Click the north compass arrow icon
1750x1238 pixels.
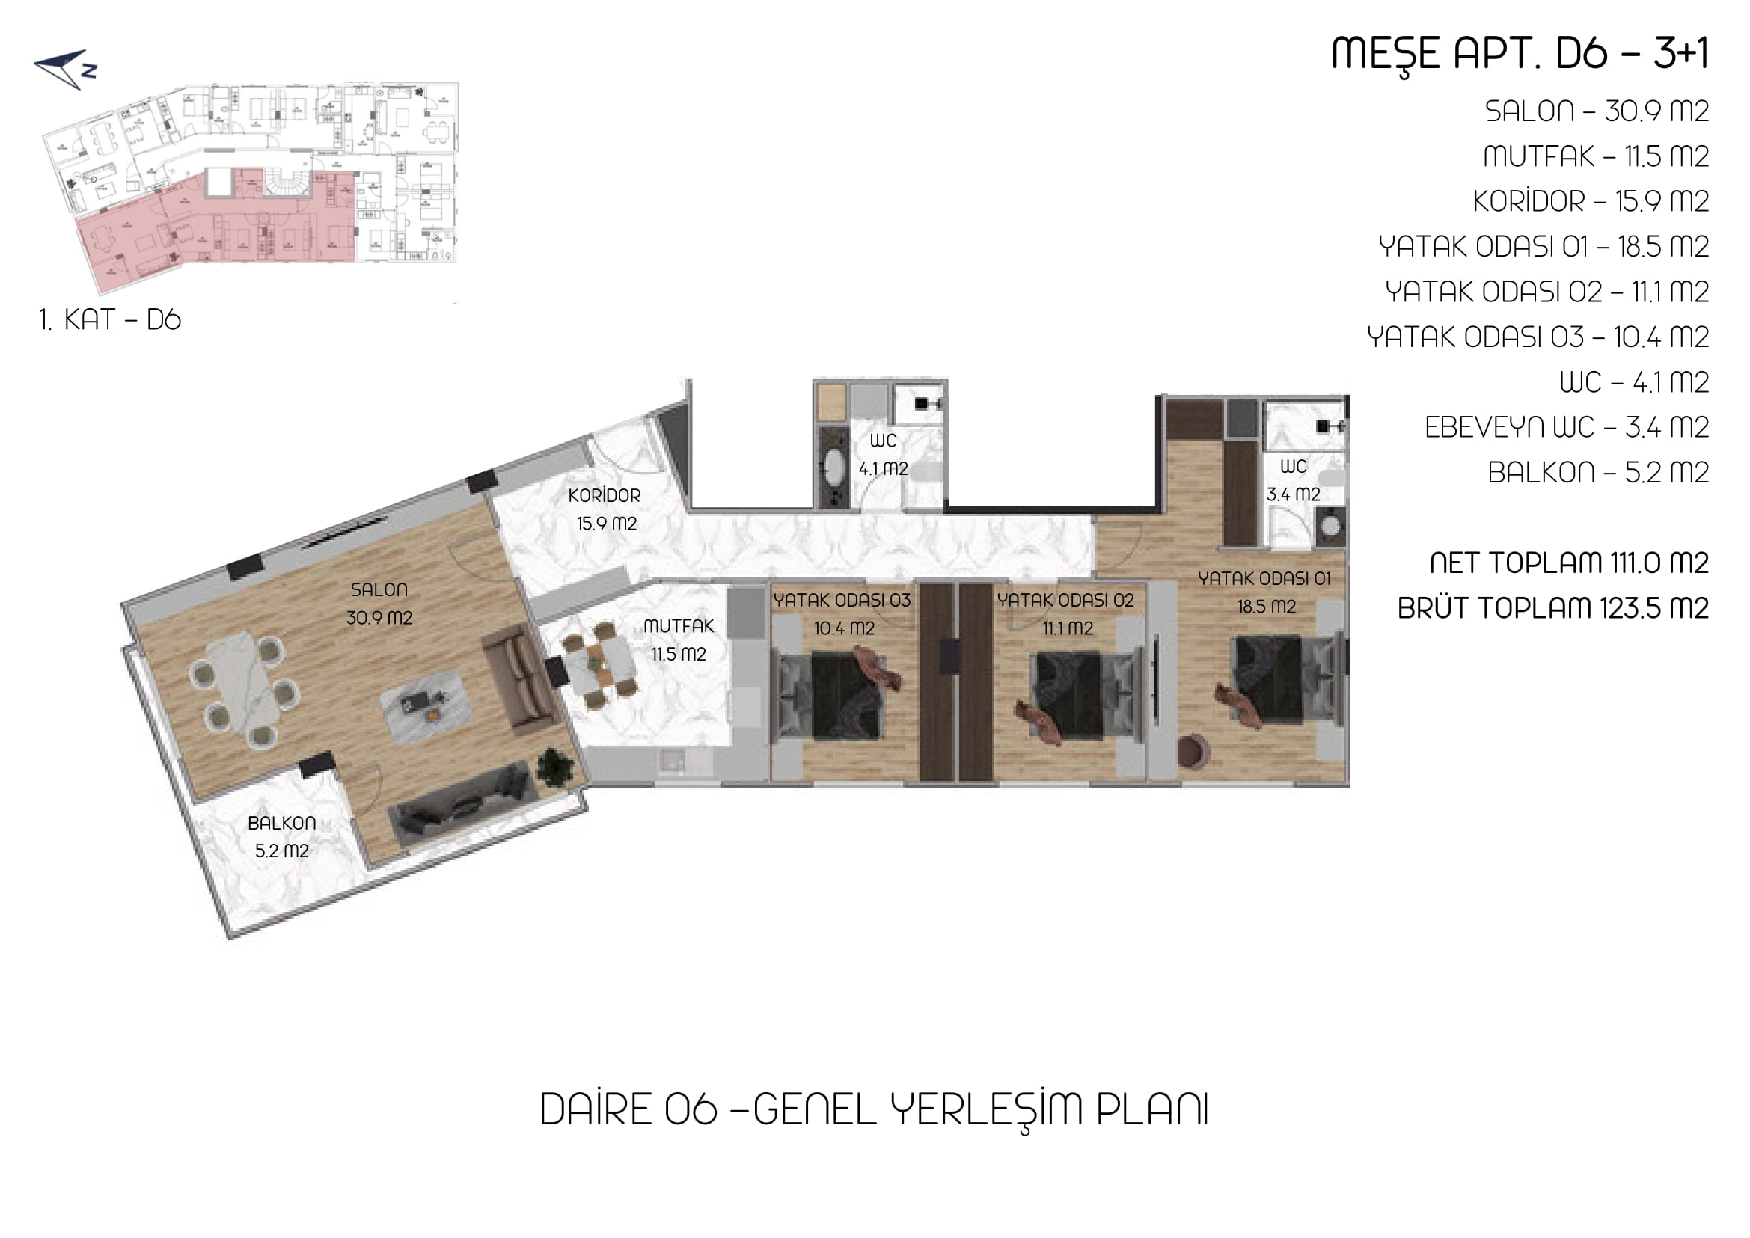pyautogui.click(x=67, y=69)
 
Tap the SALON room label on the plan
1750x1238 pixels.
pyautogui.click(x=379, y=589)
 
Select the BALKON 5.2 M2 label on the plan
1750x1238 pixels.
pyautogui.click(x=281, y=836)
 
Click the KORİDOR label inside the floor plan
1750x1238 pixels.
pyautogui.click(x=604, y=495)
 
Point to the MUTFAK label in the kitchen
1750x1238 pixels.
pyautogui.click(x=678, y=626)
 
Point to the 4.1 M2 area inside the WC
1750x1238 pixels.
pyautogui.click(x=883, y=469)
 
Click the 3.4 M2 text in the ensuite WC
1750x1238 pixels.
pyautogui.click(x=1294, y=494)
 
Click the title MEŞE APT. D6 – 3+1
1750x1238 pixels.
pyautogui.click(x=1520, y=54)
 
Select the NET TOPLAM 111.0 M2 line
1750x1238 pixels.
pyautogui.click(x=1569, y=563)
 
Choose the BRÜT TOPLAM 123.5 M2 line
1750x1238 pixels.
pyautogui.click(x=1553, y=608)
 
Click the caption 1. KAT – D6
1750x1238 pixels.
pyautogui.click(x=111, y=319)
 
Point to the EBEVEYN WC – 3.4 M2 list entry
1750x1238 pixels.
pyautogui.click(x=1567, y=428)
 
